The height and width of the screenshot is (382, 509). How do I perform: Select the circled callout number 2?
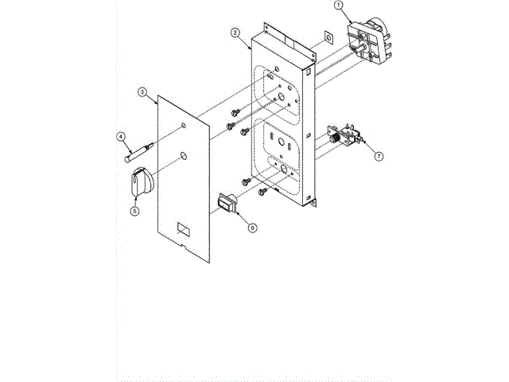[x=235, y=33]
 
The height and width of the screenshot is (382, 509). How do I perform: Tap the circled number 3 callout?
[x=142, y=93]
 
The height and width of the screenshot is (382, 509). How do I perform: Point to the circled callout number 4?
[x=122, y=136]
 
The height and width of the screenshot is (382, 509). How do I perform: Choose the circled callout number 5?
[x=134, y=211]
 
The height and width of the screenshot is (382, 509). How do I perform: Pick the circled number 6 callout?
[x=252, y=227]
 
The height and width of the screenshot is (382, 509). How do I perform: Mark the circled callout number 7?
[x=379, y=156]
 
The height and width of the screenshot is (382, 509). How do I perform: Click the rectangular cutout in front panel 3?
[x=183, y=230]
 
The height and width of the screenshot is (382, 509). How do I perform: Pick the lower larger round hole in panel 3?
[x=183, y=156]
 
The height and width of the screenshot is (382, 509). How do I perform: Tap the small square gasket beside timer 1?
[x=327, y=38]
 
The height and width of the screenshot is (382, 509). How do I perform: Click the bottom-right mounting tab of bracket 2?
[x=316, y=203]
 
